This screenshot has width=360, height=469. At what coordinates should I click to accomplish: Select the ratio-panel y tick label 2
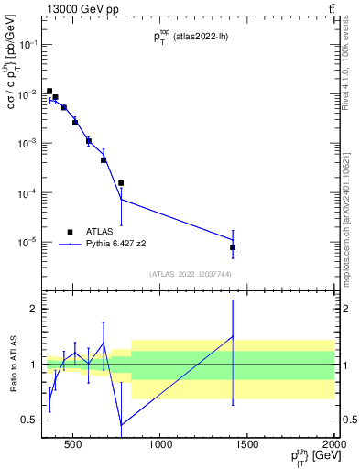pyautogui.click(x=33, y=309)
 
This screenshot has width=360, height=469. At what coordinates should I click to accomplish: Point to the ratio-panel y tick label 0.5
pyautogui.click(x=28, y=420)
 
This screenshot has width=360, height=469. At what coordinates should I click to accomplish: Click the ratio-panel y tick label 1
pyautogui.click(x=33, y=365)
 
